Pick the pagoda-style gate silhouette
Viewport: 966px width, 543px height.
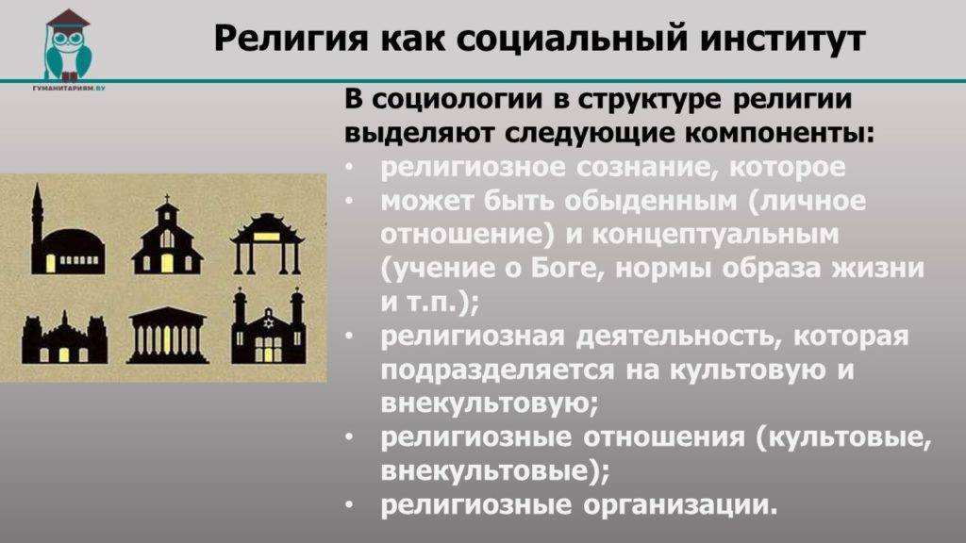(267, 243)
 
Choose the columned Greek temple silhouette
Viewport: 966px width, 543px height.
(167, 336)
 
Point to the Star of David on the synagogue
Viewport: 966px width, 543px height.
(268, 322)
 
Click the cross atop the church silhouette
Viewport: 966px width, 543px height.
(167, 200)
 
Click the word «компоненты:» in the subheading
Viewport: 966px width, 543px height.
(780, 134)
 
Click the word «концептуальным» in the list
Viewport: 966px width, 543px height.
(715, 235)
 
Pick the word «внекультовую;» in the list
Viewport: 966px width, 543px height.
(490, 403)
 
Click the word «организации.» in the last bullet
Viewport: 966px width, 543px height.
(680, 505)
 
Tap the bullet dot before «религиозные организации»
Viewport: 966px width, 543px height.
(349, 505)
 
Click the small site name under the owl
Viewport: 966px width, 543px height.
(68, 89)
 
